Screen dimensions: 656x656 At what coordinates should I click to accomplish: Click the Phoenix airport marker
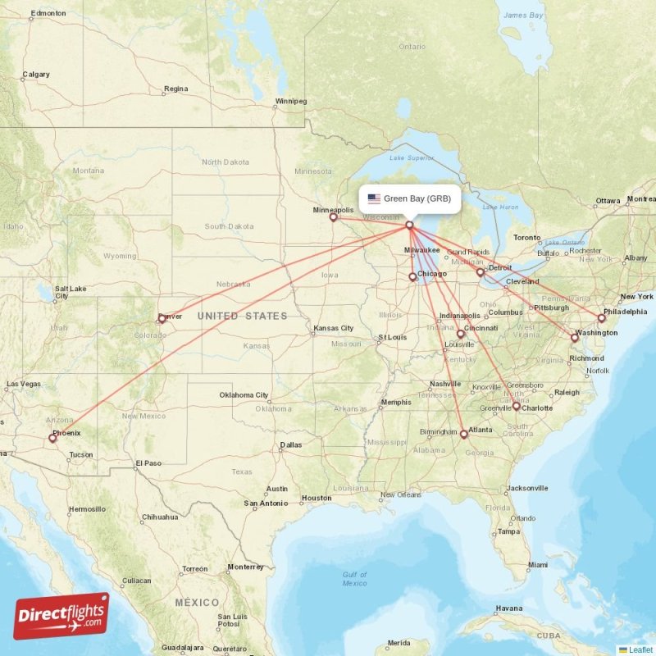tap(52, 438)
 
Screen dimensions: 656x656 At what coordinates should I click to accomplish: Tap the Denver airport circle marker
tap(162, 318)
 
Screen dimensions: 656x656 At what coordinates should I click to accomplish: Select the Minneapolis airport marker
tap(333, 217)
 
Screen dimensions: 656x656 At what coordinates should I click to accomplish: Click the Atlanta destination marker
tap(463, 434)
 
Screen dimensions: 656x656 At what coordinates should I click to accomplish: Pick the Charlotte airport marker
tap(516, 407)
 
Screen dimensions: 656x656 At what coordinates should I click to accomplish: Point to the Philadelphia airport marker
tap(601, 318)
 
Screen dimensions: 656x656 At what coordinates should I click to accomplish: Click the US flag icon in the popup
tap(374, 198)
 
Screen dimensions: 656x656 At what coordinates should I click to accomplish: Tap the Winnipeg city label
tap(290, 102)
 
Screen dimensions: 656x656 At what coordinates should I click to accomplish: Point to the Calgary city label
tap(35, 75)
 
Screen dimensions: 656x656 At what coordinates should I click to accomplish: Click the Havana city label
tap(509, 608)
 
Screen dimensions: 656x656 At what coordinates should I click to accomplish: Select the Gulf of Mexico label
tap(354, 579)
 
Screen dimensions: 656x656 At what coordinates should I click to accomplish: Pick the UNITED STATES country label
tap(242, 317)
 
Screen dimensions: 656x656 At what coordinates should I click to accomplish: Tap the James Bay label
tap(524, 16)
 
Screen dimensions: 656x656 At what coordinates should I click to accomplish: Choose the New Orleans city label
tap(400, 494)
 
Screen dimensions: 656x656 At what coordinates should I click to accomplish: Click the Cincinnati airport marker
tap(460, 334)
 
